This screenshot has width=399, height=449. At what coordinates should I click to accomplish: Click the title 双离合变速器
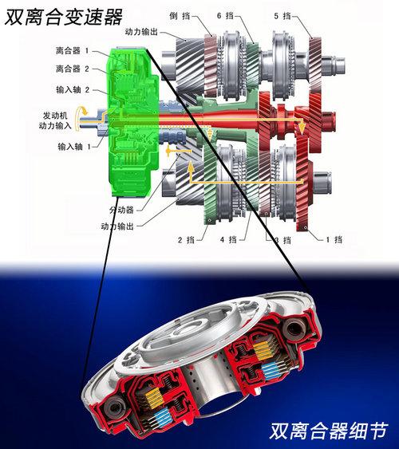(64, 17)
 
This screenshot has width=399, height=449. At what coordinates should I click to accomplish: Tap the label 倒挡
(180, 16)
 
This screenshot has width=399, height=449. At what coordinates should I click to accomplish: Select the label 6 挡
(225, 16)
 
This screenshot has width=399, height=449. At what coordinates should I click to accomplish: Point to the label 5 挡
(282, 16)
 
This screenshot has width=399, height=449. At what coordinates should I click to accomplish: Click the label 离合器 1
(73, 51)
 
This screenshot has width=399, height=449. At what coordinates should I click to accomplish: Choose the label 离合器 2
(73, 69)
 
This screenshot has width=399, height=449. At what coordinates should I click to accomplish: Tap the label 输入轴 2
(73, 89)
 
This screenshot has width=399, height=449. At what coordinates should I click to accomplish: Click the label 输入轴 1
(74, 147)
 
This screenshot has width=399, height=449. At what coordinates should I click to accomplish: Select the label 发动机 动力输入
(55, 120)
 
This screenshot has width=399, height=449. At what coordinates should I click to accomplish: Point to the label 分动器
(121, 210)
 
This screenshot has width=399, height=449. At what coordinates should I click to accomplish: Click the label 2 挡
(186, 239)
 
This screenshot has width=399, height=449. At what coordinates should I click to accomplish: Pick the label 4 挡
(228, 239)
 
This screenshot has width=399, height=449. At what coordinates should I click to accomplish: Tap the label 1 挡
(334, 239)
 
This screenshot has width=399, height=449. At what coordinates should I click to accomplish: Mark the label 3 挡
(283, 240)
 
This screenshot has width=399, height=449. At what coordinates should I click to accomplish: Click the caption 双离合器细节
(329, 431)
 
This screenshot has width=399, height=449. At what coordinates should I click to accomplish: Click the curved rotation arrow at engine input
(78, 117)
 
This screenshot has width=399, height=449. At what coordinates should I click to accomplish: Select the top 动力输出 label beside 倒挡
(141, 32)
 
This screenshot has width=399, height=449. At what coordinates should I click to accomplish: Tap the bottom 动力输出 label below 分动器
(117, 226)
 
